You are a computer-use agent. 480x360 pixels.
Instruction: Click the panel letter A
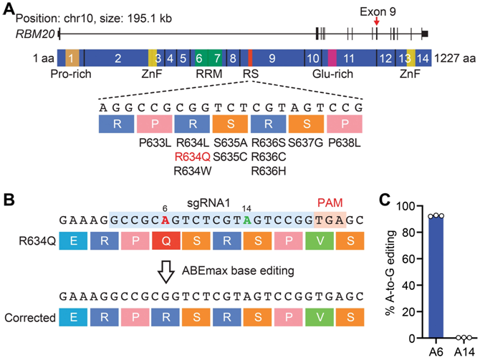point(9,9)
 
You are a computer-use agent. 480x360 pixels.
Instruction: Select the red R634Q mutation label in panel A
point(192,158)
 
